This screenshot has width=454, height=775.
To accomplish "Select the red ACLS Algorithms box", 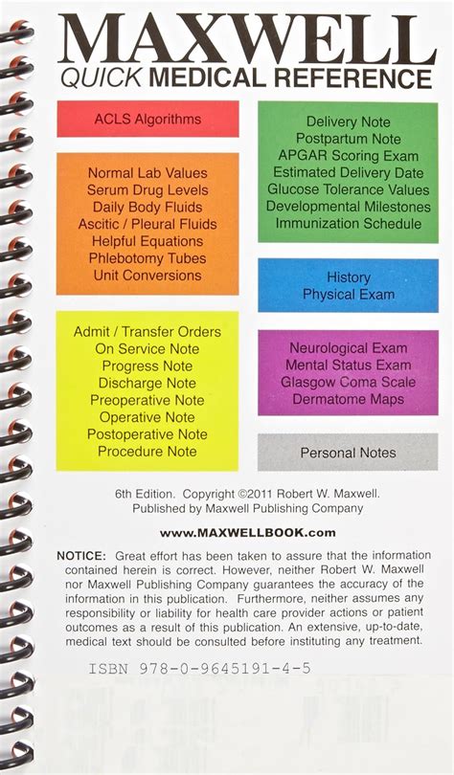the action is [148, 119].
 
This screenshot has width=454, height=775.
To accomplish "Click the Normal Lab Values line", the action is [148, 173].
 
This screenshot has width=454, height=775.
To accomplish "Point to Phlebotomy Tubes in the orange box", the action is [148, 258].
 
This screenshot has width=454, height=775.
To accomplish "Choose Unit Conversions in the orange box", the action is [148, 276].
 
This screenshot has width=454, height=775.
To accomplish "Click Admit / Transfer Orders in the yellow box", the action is [148, 332].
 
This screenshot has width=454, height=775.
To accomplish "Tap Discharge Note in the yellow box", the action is [148, 383].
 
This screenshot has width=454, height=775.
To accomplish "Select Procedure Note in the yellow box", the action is [148, 451].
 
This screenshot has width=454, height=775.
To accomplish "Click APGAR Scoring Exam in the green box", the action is [348, 155].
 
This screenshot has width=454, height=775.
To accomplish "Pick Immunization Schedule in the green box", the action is [348, 224].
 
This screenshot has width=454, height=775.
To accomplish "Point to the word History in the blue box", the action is [348, 277].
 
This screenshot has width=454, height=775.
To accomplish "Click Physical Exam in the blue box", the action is [348, 295].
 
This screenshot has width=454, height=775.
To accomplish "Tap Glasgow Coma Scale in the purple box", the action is [348, 382].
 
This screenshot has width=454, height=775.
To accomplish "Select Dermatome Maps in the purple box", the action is [348, 399].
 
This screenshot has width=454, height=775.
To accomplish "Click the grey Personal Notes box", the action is [348, 453].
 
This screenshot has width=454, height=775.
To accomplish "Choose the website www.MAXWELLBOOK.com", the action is [247, 532].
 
